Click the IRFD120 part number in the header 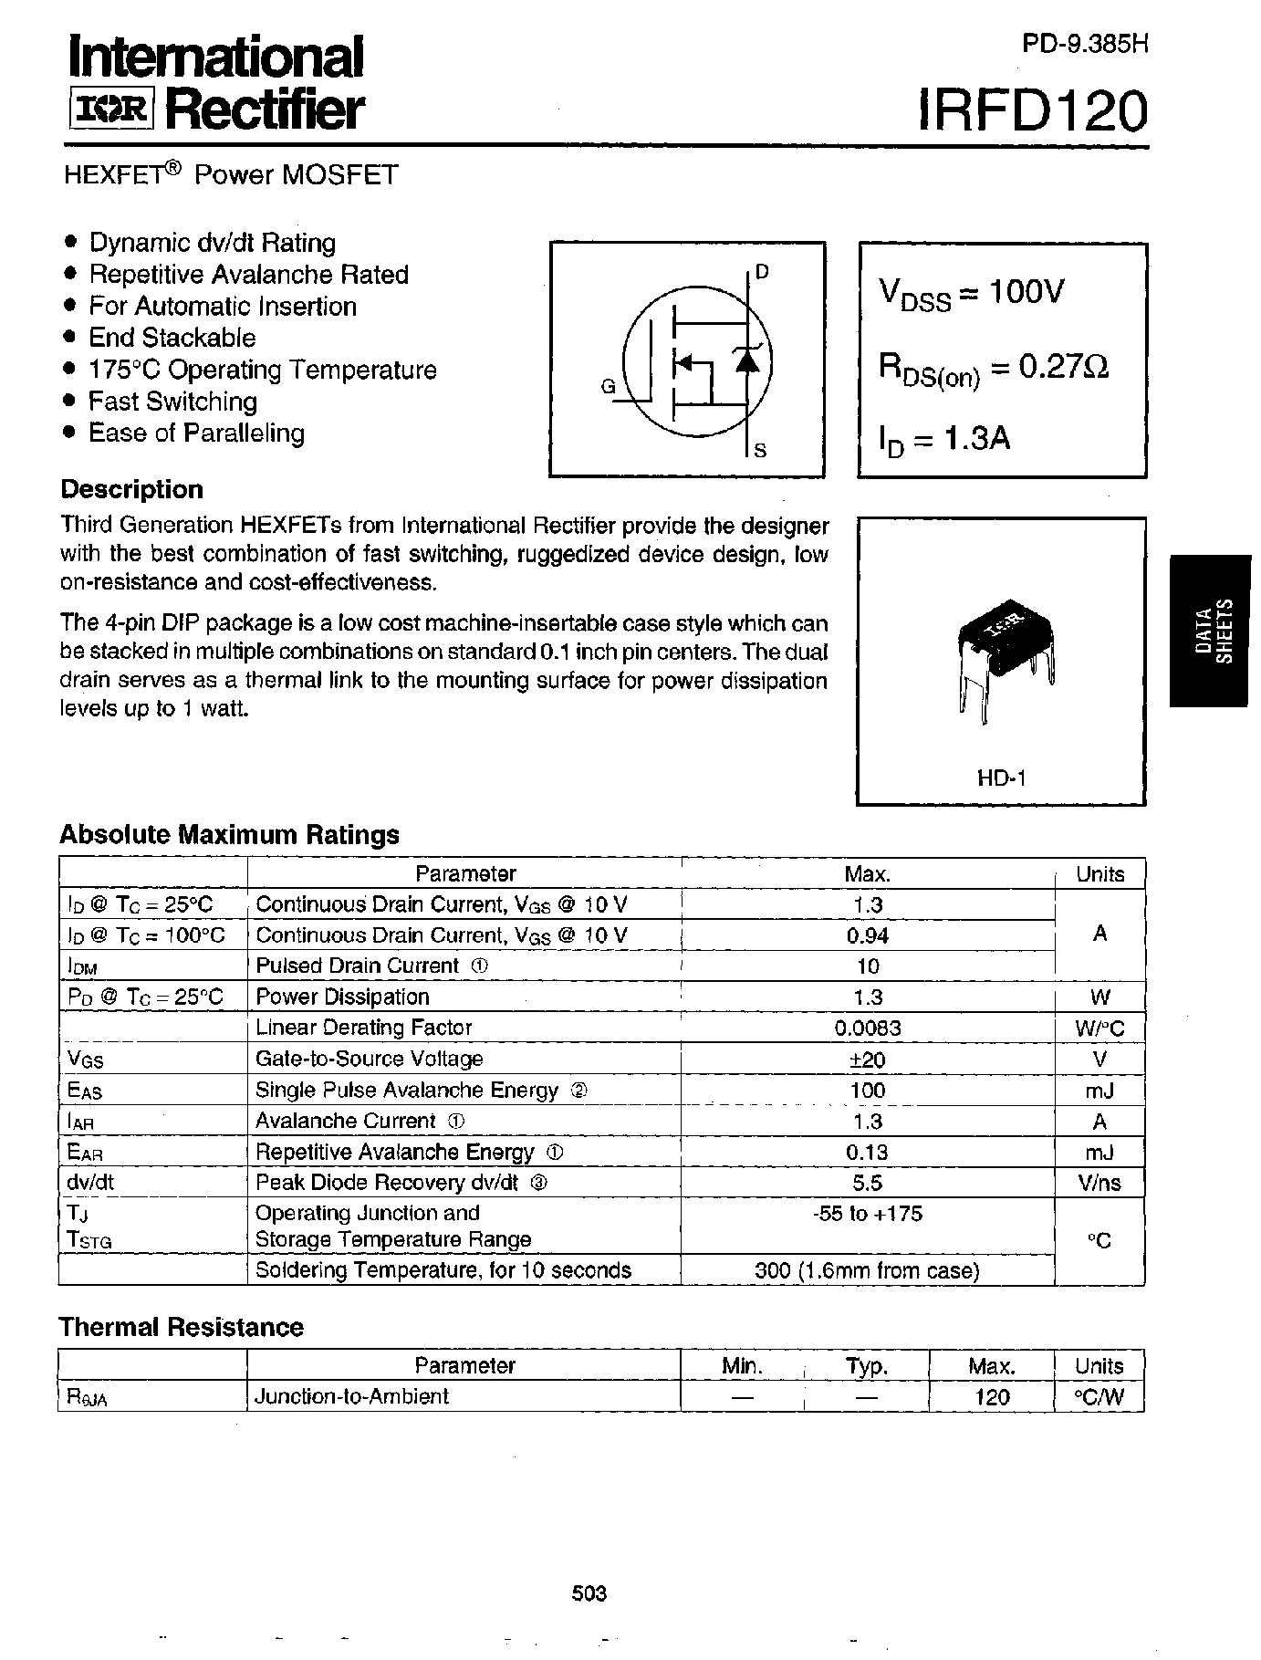(1031, 113)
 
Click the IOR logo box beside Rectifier (113, 110)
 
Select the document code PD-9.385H (1084, 44)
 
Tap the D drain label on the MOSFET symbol (763, 272)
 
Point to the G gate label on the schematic (608, 386)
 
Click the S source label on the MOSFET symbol (761, 450)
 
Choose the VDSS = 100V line (971, 293)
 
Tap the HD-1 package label (1002, 778)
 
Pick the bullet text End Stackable (172, 338)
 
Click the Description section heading (132, 489)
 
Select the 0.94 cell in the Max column (867, 935)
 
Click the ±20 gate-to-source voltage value (867, 1060)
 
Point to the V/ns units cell (1099, 1184)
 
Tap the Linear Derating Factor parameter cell (363, 1028)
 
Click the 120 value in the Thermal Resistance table (991, 1396)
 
